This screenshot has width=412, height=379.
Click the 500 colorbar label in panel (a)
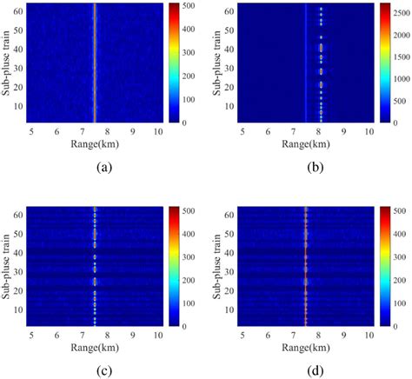pyautogui.click(x=186, y=5)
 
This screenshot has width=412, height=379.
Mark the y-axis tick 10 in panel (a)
pyautogui.click(x=17, y=104)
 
